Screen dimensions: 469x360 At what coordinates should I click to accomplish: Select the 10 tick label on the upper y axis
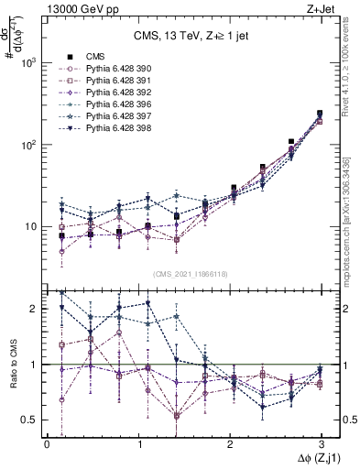click(30, 226)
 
